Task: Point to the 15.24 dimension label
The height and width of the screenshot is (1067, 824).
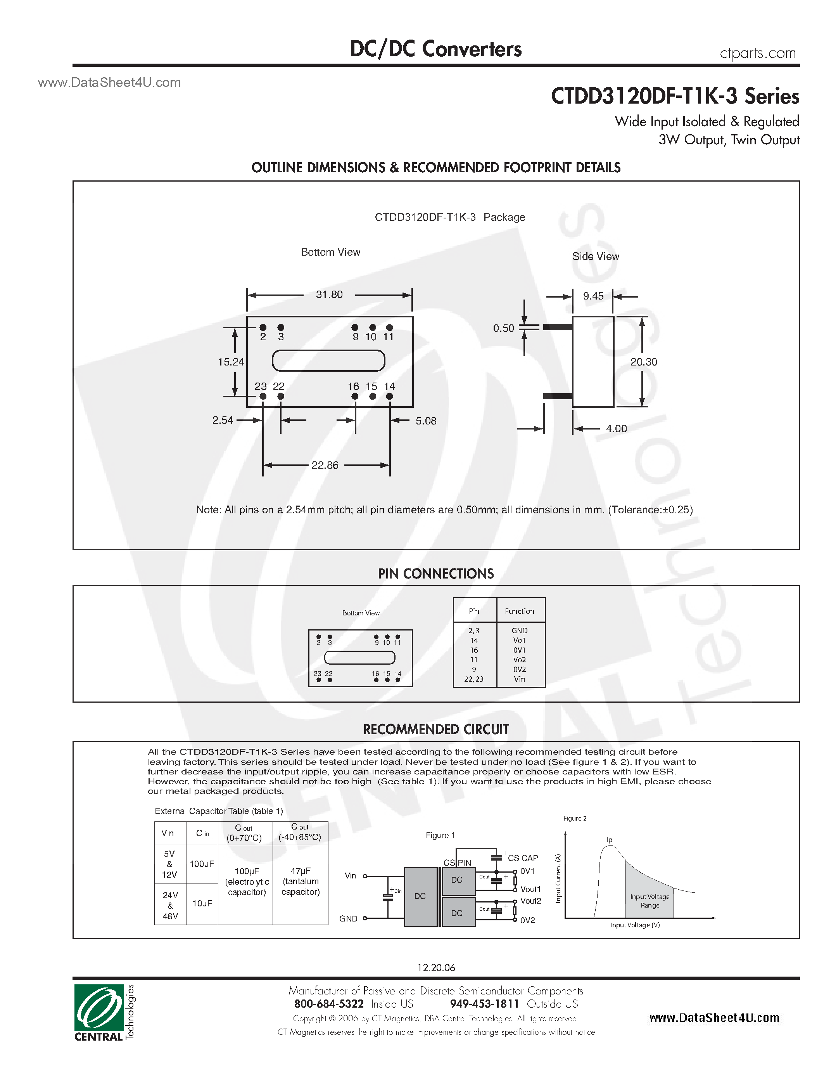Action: [230, 362]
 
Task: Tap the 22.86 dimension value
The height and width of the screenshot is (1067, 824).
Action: [325, 465]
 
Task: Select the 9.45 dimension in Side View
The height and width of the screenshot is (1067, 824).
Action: [593, 296]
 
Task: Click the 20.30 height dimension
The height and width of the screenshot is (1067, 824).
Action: [643, 362]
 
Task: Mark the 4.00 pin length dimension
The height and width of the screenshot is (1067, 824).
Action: [616, 429]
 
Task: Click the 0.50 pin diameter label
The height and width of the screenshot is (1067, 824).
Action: [503, 328]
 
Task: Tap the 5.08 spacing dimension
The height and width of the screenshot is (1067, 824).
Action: [426, 421]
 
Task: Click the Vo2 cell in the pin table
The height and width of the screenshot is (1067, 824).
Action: [519, 660]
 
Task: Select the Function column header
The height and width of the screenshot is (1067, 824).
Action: [519, 611]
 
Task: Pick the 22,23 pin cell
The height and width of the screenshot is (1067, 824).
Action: [473, 679]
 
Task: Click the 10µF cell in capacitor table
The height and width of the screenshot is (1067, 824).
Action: [202, 903]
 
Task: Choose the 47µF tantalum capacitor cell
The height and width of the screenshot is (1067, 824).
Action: [300, 882]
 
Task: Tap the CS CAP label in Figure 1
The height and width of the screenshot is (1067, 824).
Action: [523, 858]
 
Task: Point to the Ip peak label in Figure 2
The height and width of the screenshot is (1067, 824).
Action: [609, 840]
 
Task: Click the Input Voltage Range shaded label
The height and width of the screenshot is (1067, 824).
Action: [650, 901]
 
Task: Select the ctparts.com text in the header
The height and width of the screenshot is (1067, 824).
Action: [758, 53]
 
